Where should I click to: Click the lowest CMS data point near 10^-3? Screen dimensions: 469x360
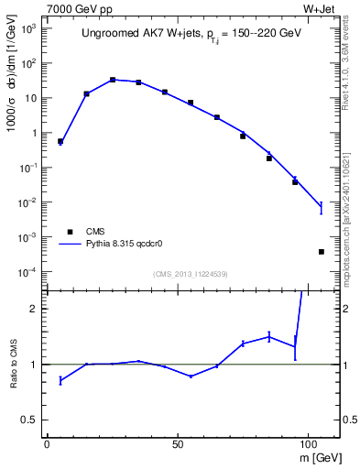[x=322, y=251]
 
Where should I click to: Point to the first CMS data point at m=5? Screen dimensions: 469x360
[x=60, y=142]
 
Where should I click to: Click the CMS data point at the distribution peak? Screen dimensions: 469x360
[x=113, y=80]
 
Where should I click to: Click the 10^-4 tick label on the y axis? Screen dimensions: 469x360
[x=27, y=272]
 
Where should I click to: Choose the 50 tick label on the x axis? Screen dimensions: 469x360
[x=178, y=444]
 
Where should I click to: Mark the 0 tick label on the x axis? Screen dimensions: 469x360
[x=48, y=444]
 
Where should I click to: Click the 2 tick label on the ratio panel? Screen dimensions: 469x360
[x=35, y=309]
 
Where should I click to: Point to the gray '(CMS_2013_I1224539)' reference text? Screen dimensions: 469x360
[x=191, y=273]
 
